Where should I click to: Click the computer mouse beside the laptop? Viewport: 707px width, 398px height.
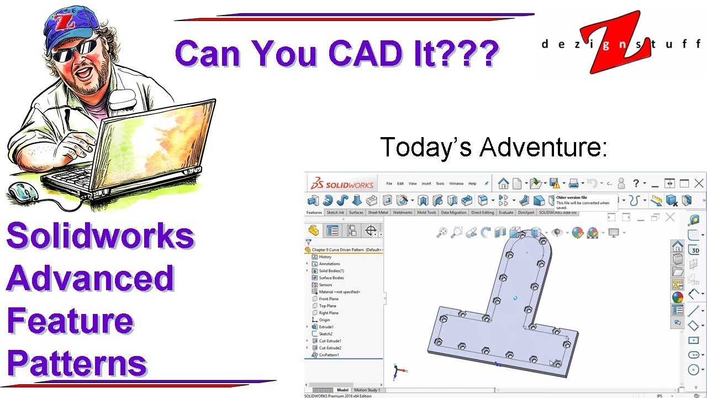pyautogui.click(x=23, y=192)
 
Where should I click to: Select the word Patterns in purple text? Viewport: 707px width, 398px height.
pyautogui.click(x=77, y=363)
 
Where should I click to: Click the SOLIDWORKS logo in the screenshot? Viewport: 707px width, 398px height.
pyautogui.click(x=342, y=184)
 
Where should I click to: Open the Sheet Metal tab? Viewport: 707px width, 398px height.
pyautogui.click(x=378, y=212)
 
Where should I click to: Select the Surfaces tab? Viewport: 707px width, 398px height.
pyautogui.click(x=356, y=212)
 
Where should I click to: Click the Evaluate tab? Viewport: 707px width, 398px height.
pyautogui.click(x=505, y=212)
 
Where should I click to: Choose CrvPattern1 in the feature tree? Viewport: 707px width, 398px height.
pyautogui.click(x=329, y=355)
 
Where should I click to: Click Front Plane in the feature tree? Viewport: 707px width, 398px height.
pyautogui.click(x=329, y=298)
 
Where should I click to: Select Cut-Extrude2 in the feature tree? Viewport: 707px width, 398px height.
pyautogui.click(x=330, y=348)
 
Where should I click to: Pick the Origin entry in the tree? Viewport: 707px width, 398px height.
pyautogui.click(x=324, y=320)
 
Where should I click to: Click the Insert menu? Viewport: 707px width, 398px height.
pyautogui.click(x=426, y=184)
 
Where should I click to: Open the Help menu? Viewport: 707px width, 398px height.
pyautogui.click(x=472, y=184)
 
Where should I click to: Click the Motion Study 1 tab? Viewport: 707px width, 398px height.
pyautogui.click(x=367, y=390)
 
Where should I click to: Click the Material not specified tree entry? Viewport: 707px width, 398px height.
pyautogui.click(x=339, y=291)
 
